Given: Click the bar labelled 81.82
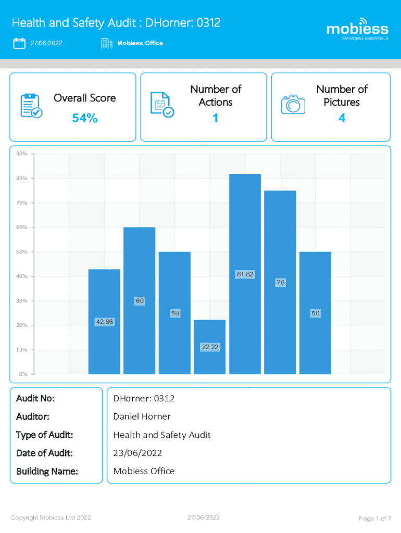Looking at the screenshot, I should [x=245, y=274].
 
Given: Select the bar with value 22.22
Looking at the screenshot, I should [x=209, y=347].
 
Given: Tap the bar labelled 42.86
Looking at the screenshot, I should [x=104, y=322].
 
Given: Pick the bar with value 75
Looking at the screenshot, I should [x=280, y=282].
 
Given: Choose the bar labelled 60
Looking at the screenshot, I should [x=139, y=300].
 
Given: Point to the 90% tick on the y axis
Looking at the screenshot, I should [x=21, y=154].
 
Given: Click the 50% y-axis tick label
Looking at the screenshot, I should [x=21, y=252].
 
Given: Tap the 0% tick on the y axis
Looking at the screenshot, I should [x=23, y=374].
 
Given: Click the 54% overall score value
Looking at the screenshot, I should [x=85, y=119].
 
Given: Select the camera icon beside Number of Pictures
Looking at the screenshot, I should [x=293, y=104].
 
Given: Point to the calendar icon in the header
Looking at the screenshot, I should [x=19, y=43].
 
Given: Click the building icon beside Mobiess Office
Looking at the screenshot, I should [x=107, y=44].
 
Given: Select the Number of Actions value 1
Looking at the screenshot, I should [x=215, y=119].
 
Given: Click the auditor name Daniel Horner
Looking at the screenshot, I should [x=142, y=416].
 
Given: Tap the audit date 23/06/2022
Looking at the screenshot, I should [x=137, y=453].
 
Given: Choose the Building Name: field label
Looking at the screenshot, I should [x=47, y=471].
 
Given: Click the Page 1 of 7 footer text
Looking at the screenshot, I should [x=375, y=518].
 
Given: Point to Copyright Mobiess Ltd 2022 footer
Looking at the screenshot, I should [x=51, y=517].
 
